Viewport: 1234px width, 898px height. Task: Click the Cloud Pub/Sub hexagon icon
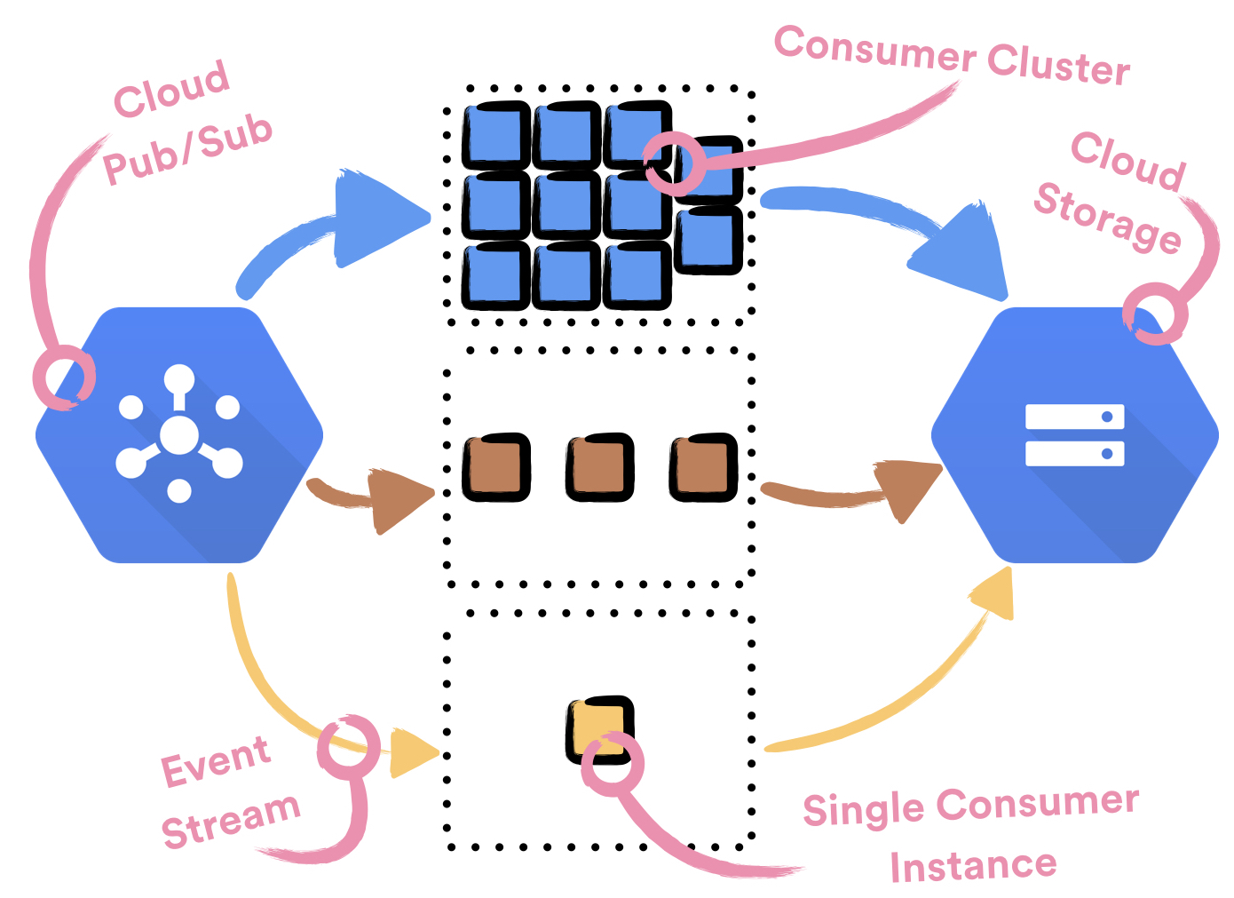pos(178,434)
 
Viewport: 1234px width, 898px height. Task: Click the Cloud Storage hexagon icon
pos(1074,434)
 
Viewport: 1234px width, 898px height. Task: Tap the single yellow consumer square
pos(599,729)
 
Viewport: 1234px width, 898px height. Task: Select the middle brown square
pos(599,466)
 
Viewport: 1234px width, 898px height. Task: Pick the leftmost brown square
pos(496,466)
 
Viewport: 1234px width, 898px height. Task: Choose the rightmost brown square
pos(703,466)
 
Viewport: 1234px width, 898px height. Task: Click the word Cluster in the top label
pos(1058,64)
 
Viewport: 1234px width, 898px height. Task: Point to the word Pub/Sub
pos(187,149)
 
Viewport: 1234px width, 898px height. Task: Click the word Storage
pos(1107,218)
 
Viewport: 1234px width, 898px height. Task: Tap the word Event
pos(215,761)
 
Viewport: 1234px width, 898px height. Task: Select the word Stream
pos(231,821)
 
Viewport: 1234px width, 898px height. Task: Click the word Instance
pos(973,866)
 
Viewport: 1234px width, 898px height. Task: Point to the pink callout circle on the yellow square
pos(613,764)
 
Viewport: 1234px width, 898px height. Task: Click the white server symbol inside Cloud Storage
pos(1074,434)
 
